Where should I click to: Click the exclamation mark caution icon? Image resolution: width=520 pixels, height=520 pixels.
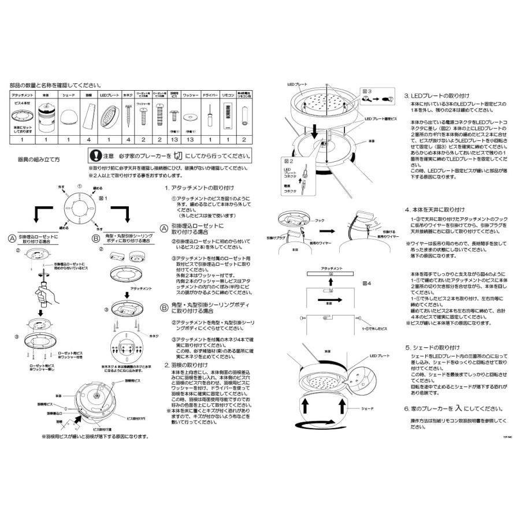point(95,156)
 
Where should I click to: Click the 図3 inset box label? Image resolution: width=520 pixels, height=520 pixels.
point(365,91)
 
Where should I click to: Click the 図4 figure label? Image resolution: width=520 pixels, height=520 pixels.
point(365,284)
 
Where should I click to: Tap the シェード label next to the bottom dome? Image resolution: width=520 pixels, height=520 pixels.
point(368,408)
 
